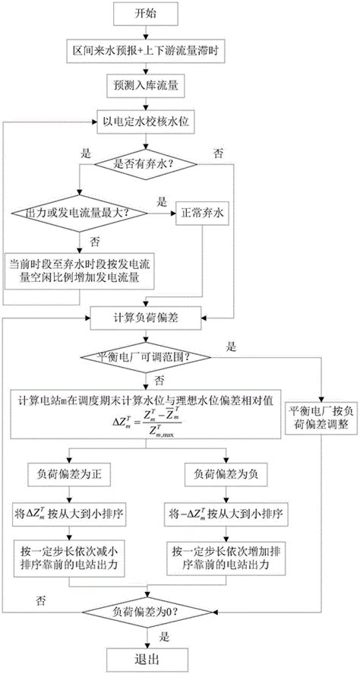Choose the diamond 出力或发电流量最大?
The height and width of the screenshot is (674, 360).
[78, 214]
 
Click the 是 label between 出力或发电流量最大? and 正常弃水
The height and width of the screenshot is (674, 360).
[161, 204]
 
